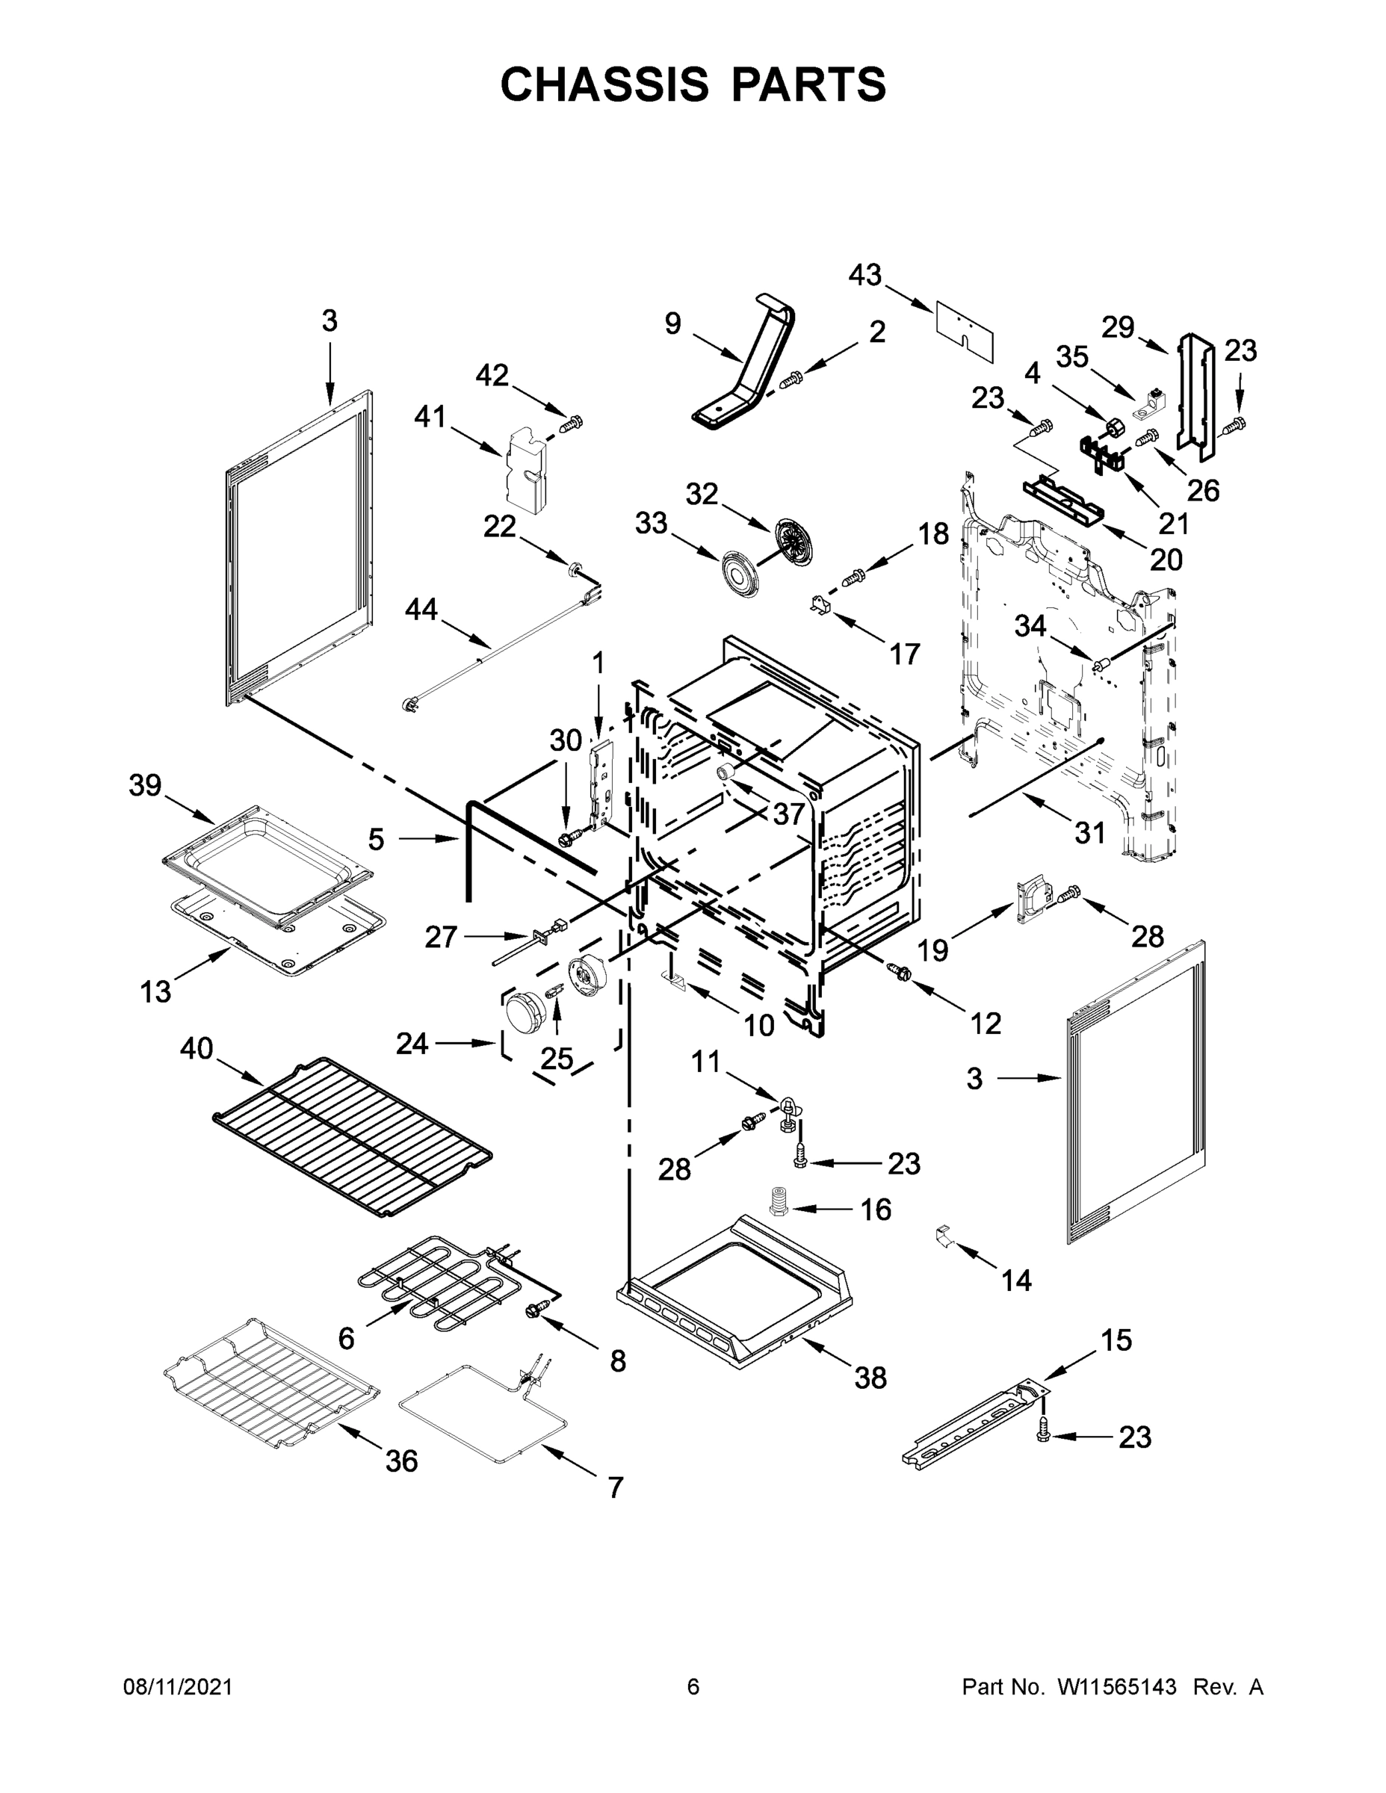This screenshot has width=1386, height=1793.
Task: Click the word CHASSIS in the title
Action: click(604, 84)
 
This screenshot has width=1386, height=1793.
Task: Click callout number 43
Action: click(864, 275)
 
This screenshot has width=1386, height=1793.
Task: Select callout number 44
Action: click(421, 610)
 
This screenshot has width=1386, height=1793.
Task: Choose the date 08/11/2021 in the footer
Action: click(177, 1687)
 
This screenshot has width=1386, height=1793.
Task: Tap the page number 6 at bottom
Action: click(693, 1687)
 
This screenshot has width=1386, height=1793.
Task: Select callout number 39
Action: click(146, 786)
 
